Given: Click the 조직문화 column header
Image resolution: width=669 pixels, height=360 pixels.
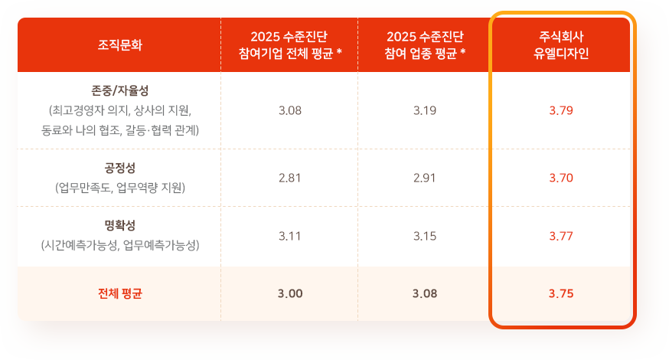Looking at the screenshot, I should point(120,45).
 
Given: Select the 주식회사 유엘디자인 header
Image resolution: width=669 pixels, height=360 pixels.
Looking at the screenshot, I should point(561,45).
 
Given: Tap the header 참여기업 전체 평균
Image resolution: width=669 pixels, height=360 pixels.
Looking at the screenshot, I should point(290,45).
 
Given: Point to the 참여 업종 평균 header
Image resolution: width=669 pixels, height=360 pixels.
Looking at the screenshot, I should point(425,45).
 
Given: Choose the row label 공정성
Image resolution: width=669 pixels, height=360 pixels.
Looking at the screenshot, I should point(120,168).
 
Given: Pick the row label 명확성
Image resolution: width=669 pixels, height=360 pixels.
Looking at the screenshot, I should point(120,225).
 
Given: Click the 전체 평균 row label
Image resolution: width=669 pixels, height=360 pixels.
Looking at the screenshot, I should point(120,293).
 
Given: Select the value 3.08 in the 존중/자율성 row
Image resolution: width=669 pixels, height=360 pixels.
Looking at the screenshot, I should point(290,110).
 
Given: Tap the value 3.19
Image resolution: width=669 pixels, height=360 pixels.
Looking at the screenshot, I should point(425,110).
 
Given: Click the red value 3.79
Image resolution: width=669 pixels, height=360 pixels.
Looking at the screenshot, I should point(561,110).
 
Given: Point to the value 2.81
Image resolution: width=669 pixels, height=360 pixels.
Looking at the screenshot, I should point(290,178).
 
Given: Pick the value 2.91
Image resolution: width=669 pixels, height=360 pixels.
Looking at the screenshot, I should point(425,178).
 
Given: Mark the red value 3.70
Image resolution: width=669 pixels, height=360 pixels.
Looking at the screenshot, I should point(561,178).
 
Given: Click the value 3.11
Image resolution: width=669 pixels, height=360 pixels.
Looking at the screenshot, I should point(290,236).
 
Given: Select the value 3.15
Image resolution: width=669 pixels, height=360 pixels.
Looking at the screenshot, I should point(425,236).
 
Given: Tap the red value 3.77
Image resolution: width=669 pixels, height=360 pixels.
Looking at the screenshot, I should point(561,236).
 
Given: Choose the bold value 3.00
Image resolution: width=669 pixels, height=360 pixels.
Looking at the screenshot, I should point(290,293).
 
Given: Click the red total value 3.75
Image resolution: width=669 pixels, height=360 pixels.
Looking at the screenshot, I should point(561,293).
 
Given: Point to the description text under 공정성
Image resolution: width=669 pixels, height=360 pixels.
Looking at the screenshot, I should point(120,187).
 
